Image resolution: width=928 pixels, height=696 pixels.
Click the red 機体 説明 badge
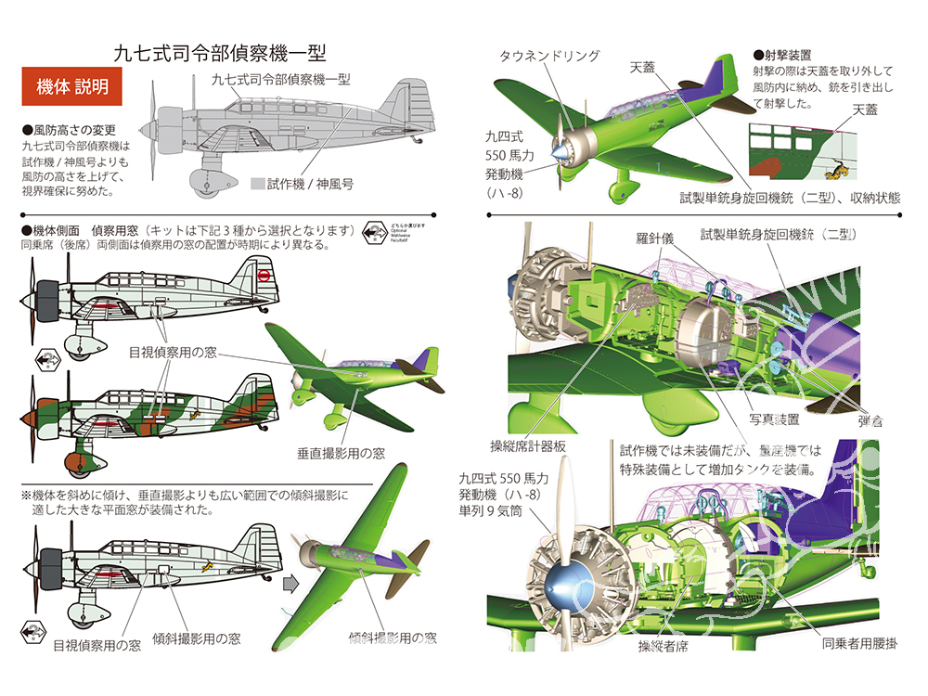[x=72, y=88]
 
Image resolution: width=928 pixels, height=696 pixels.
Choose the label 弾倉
[x=870, y=420]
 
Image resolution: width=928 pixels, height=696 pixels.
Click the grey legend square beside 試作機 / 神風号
[x=258, y=184]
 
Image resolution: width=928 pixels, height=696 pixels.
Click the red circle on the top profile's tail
[x=264, y=275]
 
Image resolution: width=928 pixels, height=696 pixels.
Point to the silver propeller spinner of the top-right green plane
[x=563, y=149]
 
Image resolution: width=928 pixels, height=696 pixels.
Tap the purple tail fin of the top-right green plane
[x=719, y=76]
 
